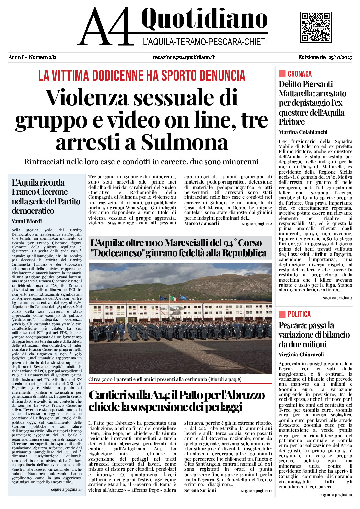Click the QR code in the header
316,27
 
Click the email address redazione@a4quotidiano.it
183,57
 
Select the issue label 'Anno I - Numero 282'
33,57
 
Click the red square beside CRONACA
282,74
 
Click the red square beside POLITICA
282,314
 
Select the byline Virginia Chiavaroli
301,355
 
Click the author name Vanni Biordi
27,221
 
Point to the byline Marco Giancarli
201,223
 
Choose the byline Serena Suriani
200,490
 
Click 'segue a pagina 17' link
66,489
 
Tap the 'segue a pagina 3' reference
337,298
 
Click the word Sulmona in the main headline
184,143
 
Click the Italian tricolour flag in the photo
173,298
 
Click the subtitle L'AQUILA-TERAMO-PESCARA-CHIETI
205,42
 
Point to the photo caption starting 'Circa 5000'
165,379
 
